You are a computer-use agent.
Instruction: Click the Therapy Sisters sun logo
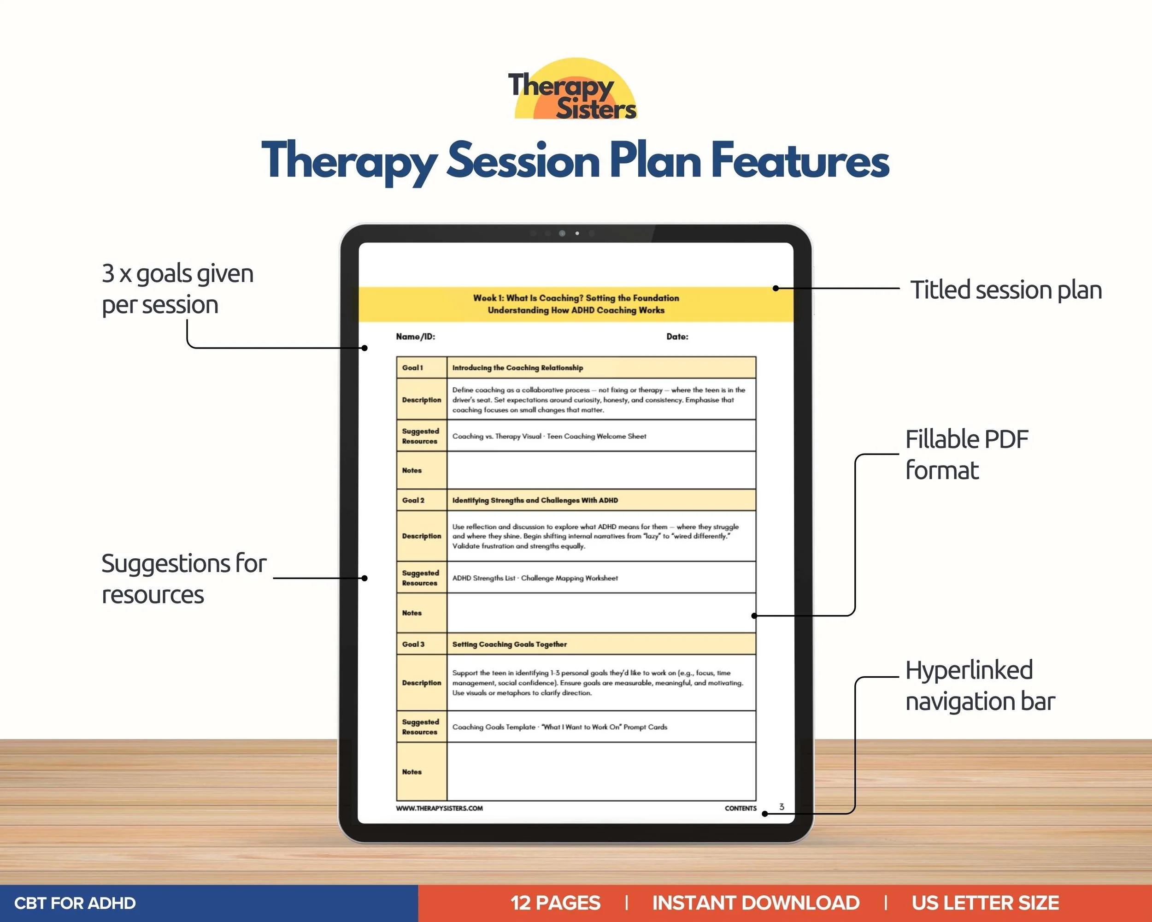(573, 89)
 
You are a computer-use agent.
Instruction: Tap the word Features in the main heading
(800, 160)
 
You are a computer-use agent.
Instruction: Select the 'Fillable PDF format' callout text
(966, 455)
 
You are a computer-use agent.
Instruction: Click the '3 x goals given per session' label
(177, 289)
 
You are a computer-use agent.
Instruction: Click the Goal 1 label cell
(422, 368)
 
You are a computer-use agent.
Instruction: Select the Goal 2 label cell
(422, 500)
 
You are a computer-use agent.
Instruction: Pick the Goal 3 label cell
(422, 644)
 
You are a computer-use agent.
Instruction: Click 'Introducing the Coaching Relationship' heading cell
(601, 368)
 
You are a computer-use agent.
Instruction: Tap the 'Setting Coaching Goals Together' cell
(601, 644)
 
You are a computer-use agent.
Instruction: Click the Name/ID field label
(416, 337)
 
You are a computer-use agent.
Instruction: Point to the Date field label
(677, 337)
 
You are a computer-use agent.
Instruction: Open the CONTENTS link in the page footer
(741, 808)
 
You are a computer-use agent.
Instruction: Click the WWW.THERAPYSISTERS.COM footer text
(439, 808)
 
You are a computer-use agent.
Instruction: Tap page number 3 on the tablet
(782, 807)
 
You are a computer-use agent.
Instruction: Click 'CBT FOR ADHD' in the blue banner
(75, 903)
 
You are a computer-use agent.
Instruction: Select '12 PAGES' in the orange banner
(555, 903)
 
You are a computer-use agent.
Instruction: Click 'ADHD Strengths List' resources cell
(601, 578)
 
